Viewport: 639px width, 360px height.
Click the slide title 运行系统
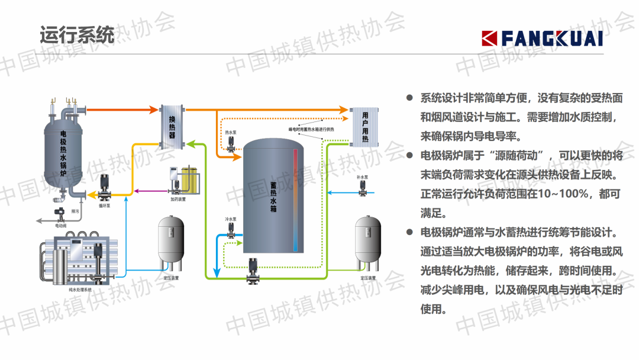[77, 36]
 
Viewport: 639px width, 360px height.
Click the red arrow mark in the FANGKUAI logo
[490, 38]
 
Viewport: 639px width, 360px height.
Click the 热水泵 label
[230, 133]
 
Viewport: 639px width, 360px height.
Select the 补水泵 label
[363, 177]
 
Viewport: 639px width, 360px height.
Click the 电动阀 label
[60, 226]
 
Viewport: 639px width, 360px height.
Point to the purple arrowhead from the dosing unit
[137, 191]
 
